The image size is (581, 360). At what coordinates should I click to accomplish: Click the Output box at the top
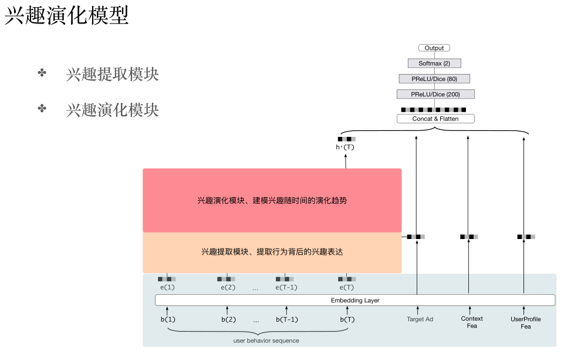click(434, 48)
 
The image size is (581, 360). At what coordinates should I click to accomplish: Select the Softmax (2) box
click(434, 63)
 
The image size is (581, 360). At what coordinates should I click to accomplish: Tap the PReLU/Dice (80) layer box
click(434, 79)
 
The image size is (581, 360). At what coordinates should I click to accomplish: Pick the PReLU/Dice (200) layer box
click(435, 94)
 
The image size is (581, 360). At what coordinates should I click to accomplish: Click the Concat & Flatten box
click(435, 119)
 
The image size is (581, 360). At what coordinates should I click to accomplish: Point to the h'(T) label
click(345, 147)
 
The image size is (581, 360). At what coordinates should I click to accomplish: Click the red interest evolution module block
click(272, 200)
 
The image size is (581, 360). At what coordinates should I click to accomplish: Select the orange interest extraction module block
click(272, 252)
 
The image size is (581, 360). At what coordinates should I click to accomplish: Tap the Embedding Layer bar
click(355, 300)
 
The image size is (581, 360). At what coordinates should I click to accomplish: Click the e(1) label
click(167, 287)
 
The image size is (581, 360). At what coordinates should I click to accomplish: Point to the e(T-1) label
click(286, 287)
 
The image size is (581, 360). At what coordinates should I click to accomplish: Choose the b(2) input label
click(228, 319)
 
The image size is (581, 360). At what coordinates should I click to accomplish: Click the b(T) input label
click(347, 319)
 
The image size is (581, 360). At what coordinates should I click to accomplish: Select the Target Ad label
click(420, 319)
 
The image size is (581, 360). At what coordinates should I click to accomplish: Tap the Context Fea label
click(472, 322)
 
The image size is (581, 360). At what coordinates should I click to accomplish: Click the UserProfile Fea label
click(526, 322)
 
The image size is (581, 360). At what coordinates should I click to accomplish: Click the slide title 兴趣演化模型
click(66, 16)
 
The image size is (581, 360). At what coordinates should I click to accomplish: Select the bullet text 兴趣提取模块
click(112, 75)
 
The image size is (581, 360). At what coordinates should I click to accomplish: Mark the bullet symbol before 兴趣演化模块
click(42, 109)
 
